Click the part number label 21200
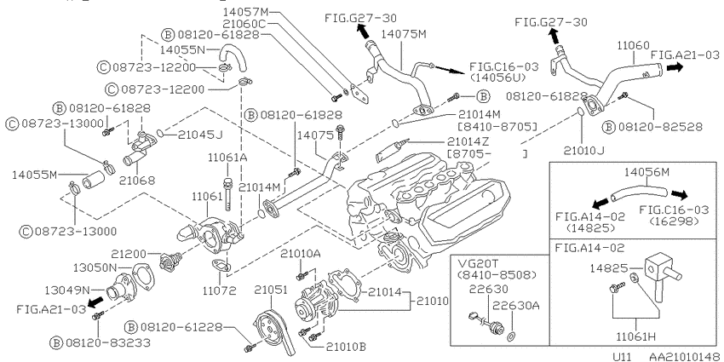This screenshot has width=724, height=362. [129, 254]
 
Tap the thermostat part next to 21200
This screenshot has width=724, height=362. [167, 261]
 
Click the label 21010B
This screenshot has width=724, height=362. [340, 346]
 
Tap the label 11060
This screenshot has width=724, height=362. [634, 45]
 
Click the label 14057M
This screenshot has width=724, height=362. [245, 11]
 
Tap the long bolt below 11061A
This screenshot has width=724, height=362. [227, 193]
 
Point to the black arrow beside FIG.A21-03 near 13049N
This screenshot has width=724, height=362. [95, 302]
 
